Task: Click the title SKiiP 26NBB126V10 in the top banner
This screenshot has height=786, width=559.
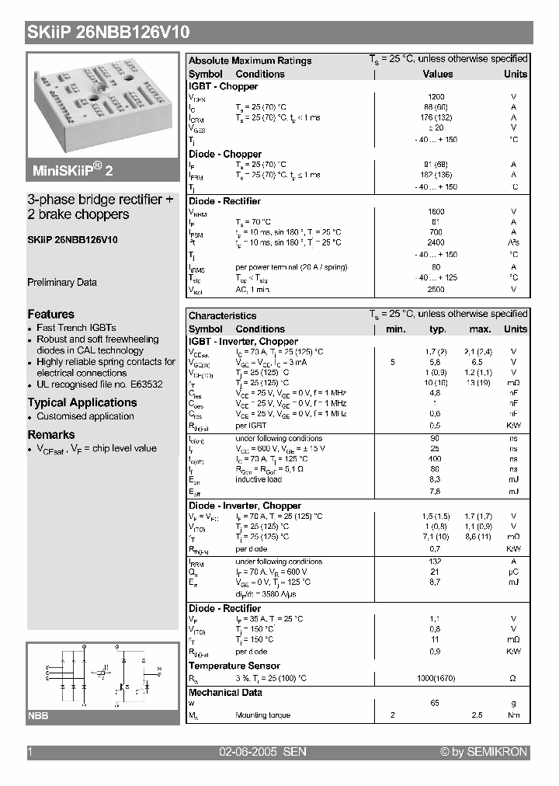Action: pos(109,32)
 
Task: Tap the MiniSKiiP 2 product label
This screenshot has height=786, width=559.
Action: pos(74,170)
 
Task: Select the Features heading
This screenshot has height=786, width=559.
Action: pos(51,314)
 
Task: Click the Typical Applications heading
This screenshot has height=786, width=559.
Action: pos(82,402)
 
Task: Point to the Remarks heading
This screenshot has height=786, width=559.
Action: pos(51,435)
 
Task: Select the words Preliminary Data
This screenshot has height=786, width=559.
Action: pos(62,283)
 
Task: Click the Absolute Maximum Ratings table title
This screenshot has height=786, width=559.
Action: pos(250,61)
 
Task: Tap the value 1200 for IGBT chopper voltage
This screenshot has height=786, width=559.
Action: pos(436,97)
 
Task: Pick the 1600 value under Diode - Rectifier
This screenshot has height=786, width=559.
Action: pos(436,211)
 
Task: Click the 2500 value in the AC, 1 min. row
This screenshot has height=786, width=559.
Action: pos(436,289)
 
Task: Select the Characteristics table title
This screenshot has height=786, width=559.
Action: pos(222,315)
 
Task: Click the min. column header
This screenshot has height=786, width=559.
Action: pos(396,329)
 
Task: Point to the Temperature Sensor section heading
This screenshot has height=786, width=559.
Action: pos(234,666)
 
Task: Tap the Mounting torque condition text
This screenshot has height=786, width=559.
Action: pos(262,715)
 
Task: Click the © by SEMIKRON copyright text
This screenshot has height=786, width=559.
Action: pos(483,752)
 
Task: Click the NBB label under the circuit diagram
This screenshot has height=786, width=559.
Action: pos(39,716)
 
